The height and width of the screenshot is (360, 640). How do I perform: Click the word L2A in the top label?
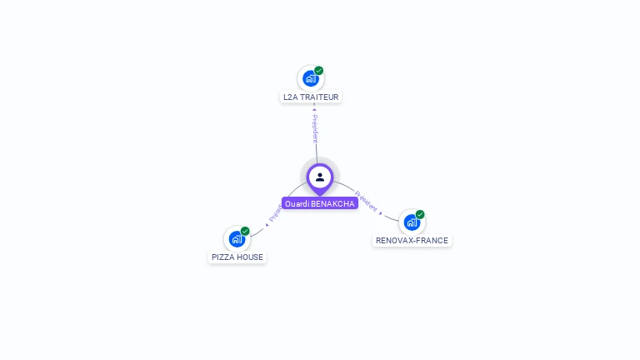(291, 97)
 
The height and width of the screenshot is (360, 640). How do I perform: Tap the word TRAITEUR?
(319, 97)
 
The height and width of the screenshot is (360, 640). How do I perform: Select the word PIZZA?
(223, 257)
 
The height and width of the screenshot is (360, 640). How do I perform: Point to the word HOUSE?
(251, 257)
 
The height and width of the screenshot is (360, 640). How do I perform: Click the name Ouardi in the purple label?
(297, 203)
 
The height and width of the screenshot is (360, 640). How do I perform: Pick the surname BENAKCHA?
(333, 203)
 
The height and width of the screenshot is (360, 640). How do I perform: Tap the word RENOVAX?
(395, 241)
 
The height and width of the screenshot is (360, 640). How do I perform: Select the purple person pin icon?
(320, 177)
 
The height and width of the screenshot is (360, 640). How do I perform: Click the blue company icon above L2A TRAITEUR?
(311, 78)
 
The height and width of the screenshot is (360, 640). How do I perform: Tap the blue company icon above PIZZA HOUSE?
(237, 239)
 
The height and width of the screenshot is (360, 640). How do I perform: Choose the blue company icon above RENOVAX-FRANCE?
(412, 222)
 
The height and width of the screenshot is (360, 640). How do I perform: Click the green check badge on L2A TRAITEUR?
(319, 71)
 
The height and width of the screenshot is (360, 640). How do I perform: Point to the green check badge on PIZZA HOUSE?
(245, 231)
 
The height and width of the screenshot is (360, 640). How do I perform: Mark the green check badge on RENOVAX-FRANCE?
(420, 214)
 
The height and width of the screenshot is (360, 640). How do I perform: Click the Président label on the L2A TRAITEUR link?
(315, 128)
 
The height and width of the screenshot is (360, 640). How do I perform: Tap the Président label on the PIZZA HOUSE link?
(275, 215)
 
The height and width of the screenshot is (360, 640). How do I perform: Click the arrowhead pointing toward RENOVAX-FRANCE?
(382, 214)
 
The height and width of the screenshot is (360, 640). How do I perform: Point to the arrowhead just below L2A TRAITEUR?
(314, 108)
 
